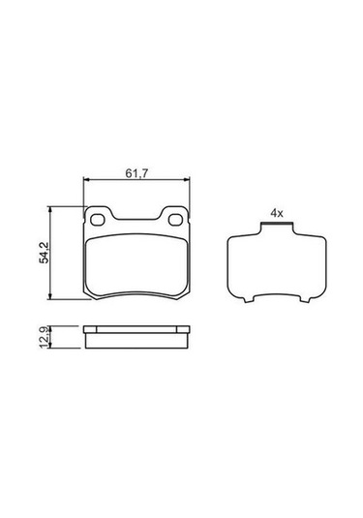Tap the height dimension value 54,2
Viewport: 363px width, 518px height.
(43, 254)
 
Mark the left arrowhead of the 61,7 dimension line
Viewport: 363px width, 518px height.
(88, 180)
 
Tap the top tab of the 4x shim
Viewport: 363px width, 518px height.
(277, 229)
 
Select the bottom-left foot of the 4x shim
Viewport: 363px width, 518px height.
(251, 301)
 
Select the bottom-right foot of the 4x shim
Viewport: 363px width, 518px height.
(303, 301)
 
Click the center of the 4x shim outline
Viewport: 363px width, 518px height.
(277, 265)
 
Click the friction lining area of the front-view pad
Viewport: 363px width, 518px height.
(136, 266)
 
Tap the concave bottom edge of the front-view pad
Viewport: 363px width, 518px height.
(136, 294)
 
